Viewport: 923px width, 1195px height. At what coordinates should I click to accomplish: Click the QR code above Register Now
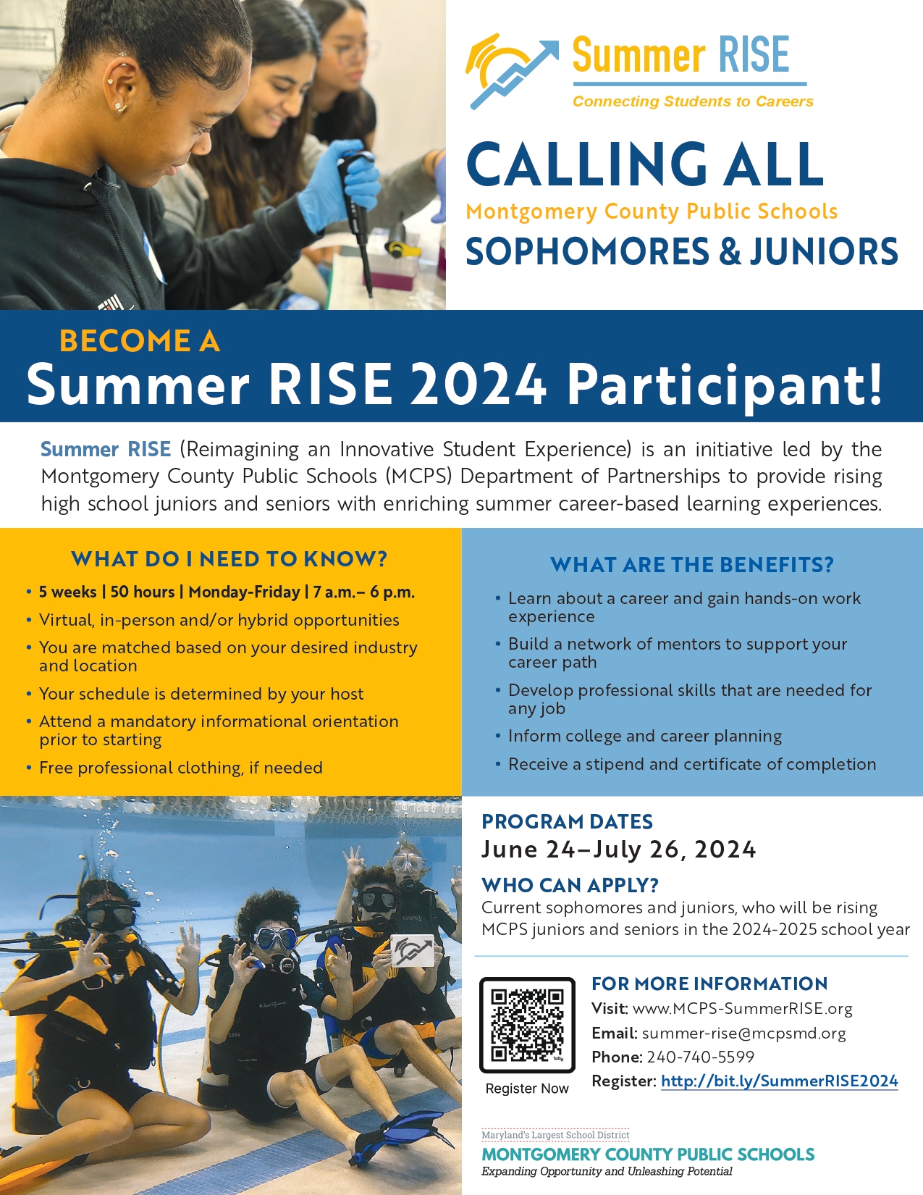tap(527, 1025)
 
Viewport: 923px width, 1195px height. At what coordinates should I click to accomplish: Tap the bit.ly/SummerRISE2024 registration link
tap(779, 1081)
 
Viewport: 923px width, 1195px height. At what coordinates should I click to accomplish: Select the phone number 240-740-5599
tap(700, 1057)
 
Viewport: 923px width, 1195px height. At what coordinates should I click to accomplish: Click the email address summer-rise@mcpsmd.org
tap(743, 1033)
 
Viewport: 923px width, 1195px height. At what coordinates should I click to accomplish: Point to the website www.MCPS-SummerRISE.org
tap(743, 1009)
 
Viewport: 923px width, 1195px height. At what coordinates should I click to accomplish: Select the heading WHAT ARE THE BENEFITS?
tap(692, 565)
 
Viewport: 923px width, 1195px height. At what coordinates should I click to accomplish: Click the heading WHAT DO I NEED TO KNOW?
tap(229, 559)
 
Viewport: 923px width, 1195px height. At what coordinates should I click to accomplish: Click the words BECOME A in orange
tap(140, 341)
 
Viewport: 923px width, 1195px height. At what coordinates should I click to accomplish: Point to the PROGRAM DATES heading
tap(568, 821)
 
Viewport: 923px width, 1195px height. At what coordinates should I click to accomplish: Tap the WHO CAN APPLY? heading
tap(570, 886)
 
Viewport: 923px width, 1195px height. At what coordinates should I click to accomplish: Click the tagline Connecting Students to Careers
tap(694, 101)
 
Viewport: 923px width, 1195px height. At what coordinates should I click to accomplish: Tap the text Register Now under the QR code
tap(527, 1089)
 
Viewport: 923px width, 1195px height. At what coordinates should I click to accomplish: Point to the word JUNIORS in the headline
tap(824, 251)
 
